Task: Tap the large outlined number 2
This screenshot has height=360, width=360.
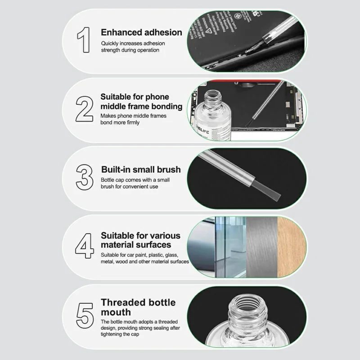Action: (x=85, y=109)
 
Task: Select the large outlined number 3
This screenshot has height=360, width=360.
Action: (x=85, y=177)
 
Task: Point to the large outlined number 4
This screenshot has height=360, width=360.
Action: (x=85, y=246)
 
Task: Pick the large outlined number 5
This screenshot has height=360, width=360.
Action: (x=85, y=315)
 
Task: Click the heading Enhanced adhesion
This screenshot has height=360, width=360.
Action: (x=141, y=32)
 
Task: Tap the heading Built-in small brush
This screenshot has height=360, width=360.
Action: (x=141, y=170)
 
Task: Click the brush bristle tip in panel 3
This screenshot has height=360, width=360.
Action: (x=275, y=198)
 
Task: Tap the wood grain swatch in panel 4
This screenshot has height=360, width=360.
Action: (x=292, y=247)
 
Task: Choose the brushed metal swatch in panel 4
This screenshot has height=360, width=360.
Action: (x=262, y=247)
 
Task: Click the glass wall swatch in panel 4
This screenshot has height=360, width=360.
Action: (x=230, y=247)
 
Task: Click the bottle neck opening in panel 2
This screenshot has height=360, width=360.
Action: (x=213, y=94)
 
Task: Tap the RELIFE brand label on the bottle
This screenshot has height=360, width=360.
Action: (x=202, y=131)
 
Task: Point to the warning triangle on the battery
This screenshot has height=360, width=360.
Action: (x=208, y=31)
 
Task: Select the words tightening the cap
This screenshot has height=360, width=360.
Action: (x=120, y=334)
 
